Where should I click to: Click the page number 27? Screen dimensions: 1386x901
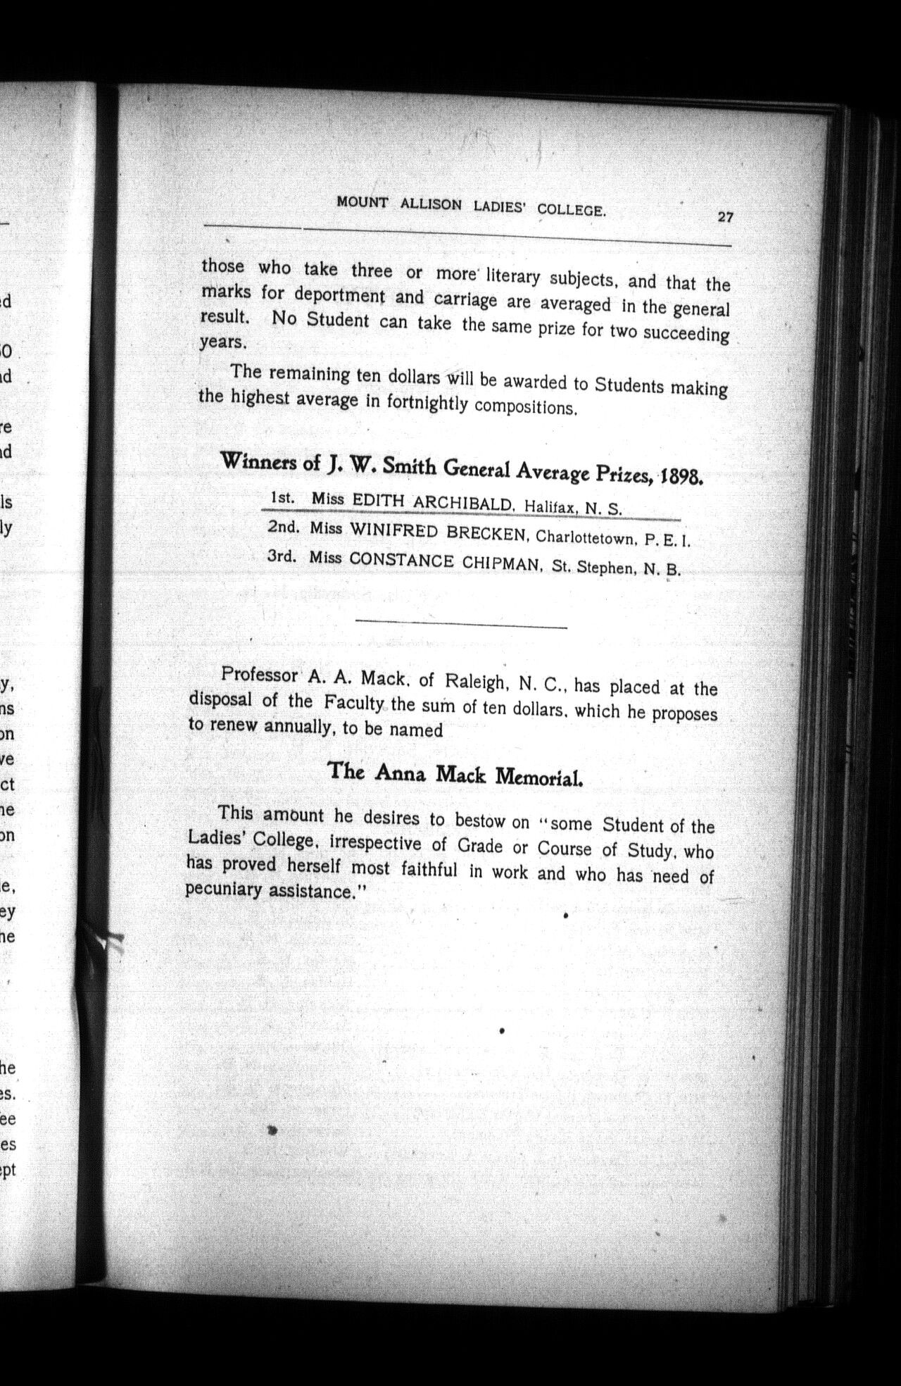click(x=725, y=218)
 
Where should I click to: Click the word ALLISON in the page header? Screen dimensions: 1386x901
click(x=431, y=205)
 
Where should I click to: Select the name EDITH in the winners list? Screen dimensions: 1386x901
click(x=377, y=501)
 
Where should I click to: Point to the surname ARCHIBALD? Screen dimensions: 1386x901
click(x=462, y=504)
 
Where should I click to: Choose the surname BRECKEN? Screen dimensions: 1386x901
click(x=487, y=533)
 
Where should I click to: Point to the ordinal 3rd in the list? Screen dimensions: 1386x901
click(x=282, y=556)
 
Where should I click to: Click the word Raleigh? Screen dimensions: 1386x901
click(x=474, y=681)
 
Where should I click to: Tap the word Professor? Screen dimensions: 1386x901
click(x=259, y=675)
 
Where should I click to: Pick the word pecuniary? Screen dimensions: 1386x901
click(x=224, y=889)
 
